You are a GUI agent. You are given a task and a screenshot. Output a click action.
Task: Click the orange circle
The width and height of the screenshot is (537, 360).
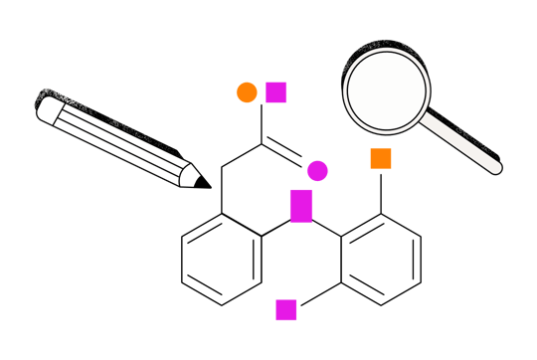[x=247, y=92]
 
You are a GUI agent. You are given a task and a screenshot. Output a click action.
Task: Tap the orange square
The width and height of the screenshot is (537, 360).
[x=380, y=158]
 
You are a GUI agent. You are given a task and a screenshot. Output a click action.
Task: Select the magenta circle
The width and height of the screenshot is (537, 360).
[x=317, y=171]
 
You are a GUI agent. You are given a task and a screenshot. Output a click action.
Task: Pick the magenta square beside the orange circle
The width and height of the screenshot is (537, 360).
[x=276, y=92]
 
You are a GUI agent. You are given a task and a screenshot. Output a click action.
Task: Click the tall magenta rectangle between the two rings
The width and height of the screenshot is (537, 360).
[x=301, y=206]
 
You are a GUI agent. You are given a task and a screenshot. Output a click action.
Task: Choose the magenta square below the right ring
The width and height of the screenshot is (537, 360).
[x=286, y=310]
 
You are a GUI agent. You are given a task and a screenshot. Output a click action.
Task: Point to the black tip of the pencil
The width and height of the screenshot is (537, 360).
[x=203, y=182]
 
